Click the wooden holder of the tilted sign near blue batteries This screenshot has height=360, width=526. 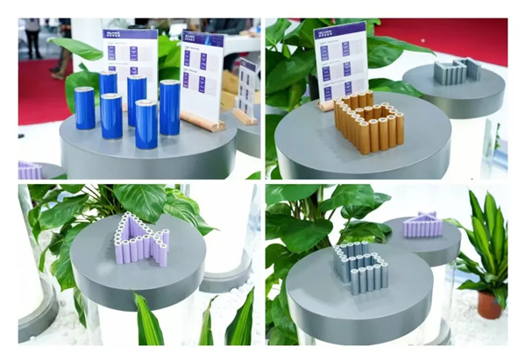pos(205,123)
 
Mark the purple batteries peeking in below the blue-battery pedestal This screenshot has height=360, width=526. pos(29,170)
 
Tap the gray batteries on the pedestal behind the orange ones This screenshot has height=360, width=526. pos(455,72)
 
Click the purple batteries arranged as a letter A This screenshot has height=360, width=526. pos(141,242)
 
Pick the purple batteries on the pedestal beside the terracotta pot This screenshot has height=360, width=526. pos(423,226)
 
